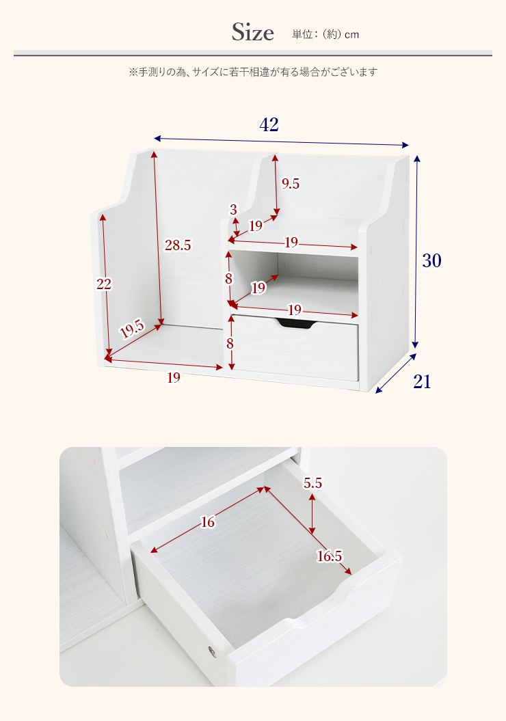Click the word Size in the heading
coord(252,32)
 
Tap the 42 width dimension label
coord(269,124)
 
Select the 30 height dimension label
coord(431,260)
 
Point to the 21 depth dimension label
coord(423,381)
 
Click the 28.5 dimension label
coord(178,245)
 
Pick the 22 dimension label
coord(104,284)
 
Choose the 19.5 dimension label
coord(132,329)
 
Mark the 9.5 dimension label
coord(290,183)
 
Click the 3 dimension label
coord(233,210)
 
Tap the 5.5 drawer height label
coord(312,482)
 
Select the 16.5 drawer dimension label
coord(330,556)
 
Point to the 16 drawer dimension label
coord(208,522)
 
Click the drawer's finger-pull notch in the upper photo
coord(296,324)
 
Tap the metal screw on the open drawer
coord(211,651)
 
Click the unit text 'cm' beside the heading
coord(352,35)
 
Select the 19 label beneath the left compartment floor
coord(174,377)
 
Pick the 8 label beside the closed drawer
coord(230,344)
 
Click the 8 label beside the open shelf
coord(228,279)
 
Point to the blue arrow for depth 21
coord(396,373)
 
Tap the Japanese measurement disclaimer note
coord(253,72)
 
